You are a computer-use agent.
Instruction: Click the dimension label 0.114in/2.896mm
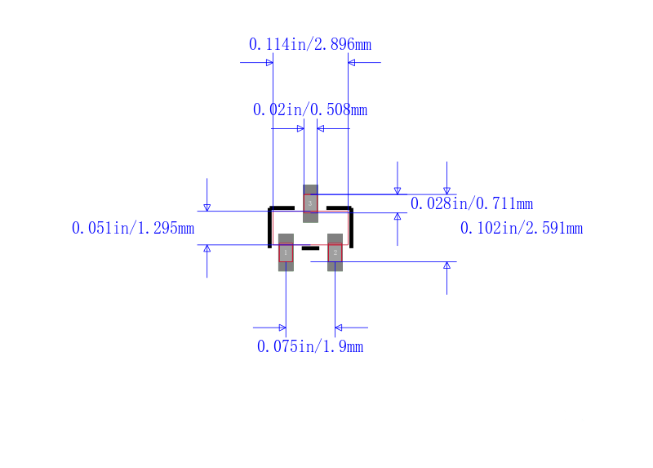310,44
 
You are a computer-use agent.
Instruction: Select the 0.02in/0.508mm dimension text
310,109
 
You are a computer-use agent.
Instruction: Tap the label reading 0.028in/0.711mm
472,203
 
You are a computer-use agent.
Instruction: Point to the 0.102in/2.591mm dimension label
522,228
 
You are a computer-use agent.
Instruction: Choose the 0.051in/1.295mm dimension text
133,228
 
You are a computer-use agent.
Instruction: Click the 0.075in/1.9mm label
310,346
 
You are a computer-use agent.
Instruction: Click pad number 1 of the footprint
286,252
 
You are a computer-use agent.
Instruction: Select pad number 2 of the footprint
335,252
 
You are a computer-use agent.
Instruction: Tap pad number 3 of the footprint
310,204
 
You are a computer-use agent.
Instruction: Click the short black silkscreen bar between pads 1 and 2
310,248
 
